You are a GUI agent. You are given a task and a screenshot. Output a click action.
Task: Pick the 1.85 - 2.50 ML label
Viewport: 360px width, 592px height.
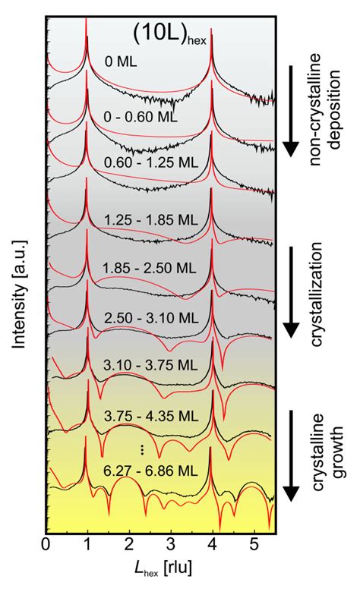pyautogui.click(x=149, y=269)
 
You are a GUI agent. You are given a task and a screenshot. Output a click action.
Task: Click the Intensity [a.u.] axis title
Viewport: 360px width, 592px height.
pyautogui.click(x=17, y=285)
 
